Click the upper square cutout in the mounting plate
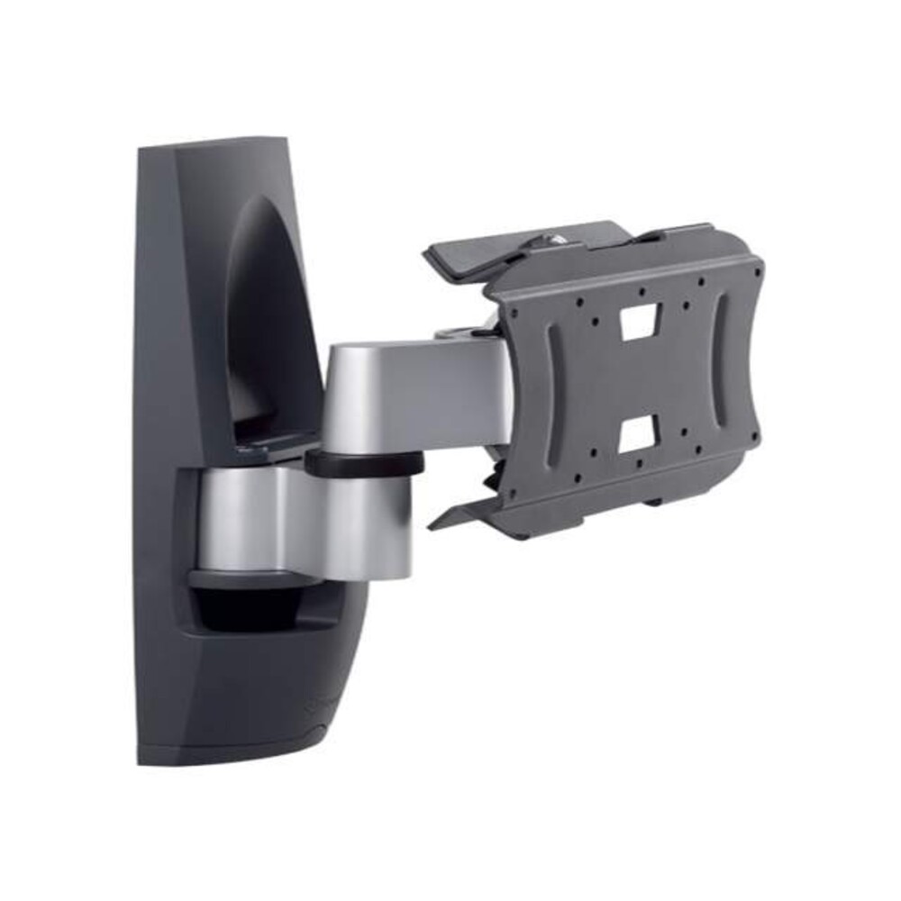pos(639,322)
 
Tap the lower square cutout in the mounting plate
pos(636,436)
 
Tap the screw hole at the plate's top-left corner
pos(515,313)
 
